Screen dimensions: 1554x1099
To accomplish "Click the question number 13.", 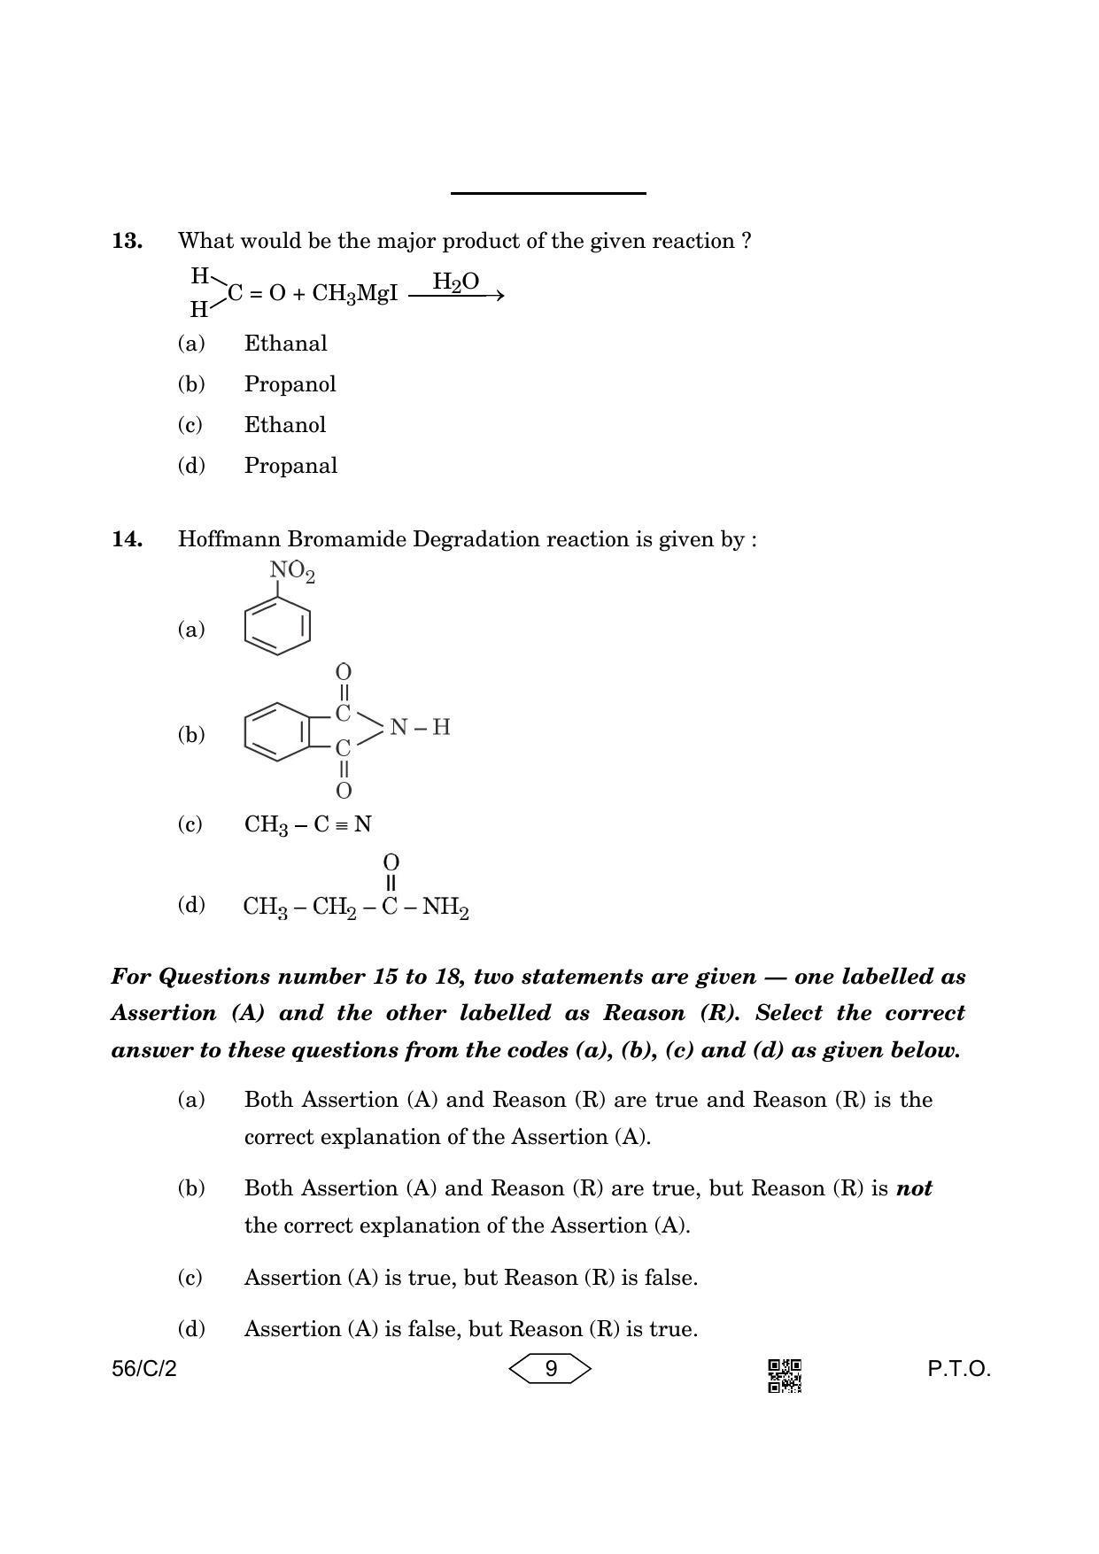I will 127,241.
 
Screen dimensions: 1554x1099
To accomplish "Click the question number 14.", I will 127,539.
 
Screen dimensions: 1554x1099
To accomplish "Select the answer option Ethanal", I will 285,344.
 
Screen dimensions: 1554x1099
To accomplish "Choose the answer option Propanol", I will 290,384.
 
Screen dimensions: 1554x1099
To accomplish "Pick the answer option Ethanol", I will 285,425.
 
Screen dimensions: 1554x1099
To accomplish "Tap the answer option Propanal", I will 290,466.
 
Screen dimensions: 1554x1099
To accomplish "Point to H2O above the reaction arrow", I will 455,282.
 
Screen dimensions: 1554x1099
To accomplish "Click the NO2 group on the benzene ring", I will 291,573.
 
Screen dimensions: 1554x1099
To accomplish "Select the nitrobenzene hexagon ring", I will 277,626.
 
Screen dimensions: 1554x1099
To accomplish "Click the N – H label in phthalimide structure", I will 420,728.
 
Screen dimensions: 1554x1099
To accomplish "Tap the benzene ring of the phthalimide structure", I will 276,731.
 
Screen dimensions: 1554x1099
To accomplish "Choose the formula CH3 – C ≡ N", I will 307,825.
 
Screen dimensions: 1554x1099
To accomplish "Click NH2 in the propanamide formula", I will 445,908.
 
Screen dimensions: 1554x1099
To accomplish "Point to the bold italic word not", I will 914,1188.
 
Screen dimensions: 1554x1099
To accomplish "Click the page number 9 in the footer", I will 550,1369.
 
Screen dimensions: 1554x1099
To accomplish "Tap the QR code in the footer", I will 784,1375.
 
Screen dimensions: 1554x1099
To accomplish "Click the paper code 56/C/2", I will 144,1369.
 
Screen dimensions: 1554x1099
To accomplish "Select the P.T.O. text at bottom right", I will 959,1369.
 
